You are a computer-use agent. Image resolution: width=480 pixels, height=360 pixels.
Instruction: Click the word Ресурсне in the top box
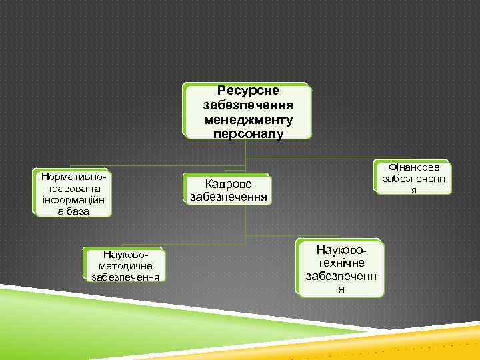click(248, 91)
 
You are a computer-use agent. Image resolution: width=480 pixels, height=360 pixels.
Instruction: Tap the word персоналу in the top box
click(248, 133)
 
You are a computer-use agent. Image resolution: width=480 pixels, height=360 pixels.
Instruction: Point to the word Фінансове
click(413, 167)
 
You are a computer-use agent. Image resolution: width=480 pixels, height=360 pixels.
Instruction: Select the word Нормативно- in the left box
click(73, 177)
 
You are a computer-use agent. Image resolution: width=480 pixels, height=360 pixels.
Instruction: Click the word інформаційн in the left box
click(73, 199)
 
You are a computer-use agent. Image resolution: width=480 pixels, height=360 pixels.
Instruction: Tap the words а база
click(73, 211)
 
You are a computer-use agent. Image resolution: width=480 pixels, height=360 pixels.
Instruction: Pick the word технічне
click(341, 263)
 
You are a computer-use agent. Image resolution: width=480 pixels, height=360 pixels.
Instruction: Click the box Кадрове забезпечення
click(229, 189)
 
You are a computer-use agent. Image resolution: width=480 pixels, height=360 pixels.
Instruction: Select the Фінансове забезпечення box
click(413, 178)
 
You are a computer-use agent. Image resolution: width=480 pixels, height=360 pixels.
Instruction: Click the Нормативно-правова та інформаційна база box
click(73, 194)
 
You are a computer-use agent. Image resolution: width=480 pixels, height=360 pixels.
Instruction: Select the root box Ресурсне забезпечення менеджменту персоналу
click(248, 111)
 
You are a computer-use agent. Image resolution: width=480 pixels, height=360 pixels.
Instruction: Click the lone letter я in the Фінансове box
click(413, 190)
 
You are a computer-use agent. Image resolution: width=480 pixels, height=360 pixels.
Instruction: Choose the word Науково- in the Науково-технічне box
click(341, 251)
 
